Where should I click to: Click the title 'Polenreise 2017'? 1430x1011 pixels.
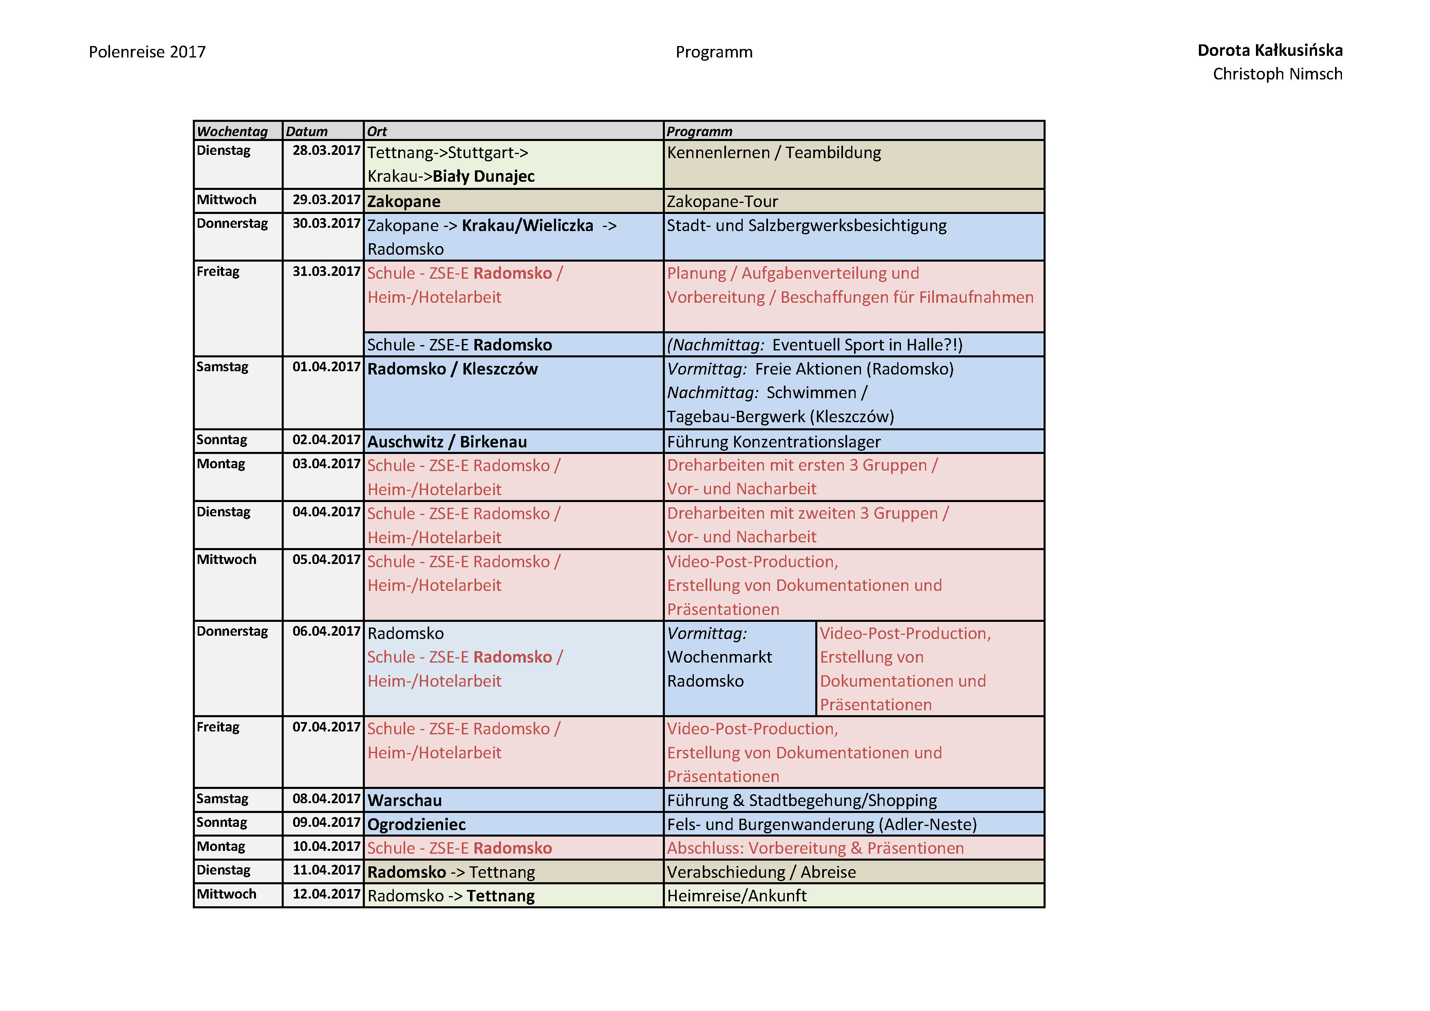147,52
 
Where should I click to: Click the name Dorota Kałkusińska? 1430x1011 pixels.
1269,51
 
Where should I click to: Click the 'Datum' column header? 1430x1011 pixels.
307,131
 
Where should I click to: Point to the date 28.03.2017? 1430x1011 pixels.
327,151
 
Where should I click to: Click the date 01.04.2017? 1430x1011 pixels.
327,367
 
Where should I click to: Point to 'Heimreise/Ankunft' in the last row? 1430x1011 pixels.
736,896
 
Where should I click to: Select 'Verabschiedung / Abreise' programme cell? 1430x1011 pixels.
761,872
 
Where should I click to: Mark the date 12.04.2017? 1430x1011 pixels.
327,894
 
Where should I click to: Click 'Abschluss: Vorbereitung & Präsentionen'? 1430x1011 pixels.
815,848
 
